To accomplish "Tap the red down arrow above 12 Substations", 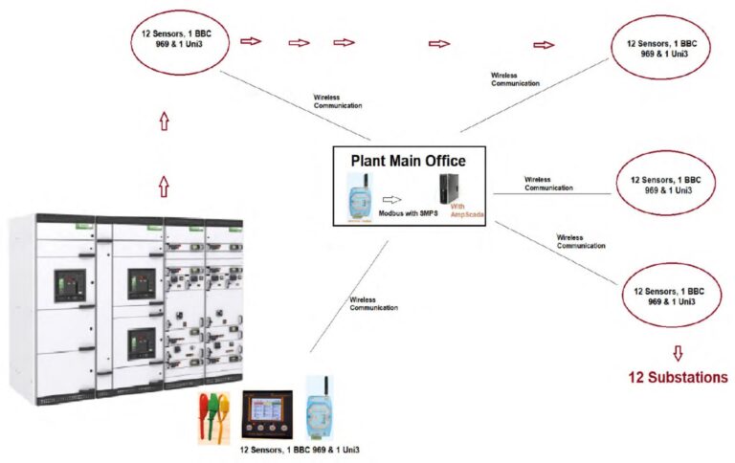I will pos(679,352).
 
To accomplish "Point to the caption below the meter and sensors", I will pos(298,449).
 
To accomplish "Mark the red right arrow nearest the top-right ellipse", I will pos(544,45).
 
